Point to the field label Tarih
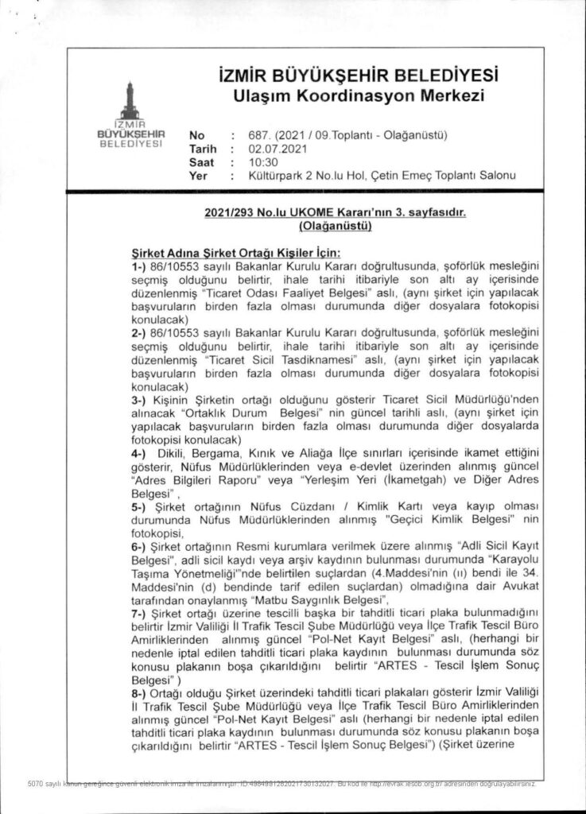pyautogui.click(x=203, y=148)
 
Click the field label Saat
pyautogui.click(x=202, y=161)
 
